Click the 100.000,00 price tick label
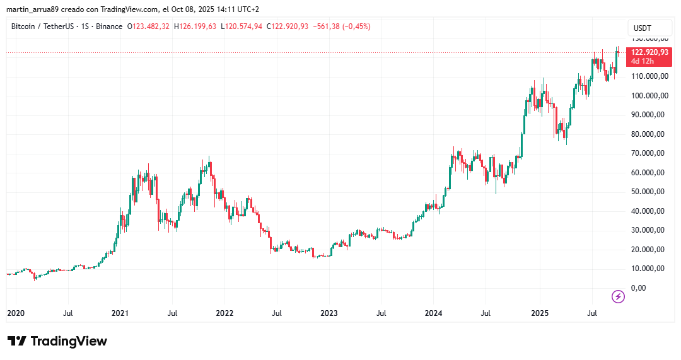pyautogui.click(x=648, y=95)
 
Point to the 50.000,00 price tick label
pyautogui.click(x=649, y=191)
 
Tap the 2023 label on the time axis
pyautogui.click(x=329, y=313)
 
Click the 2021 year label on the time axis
pyautogui.click(x=120, y=313)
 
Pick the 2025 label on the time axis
pyautogui.click(x=540, y=313)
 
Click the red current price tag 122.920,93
pyautogui.click(x=649, y=52)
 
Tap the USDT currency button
pyautogui.click(x=642, y=28)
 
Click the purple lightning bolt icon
pyautogui.click(x=619, y=296)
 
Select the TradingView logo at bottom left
pyautogui.click(x=57, y=341)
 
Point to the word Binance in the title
pyautogui.click(x=110, y=26)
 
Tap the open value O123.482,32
pyautogui.click(x=149, y=26)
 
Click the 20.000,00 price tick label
pyautogui.click(x=649, y=249)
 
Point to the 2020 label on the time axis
pyautogui.click(x=16, y=313)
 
